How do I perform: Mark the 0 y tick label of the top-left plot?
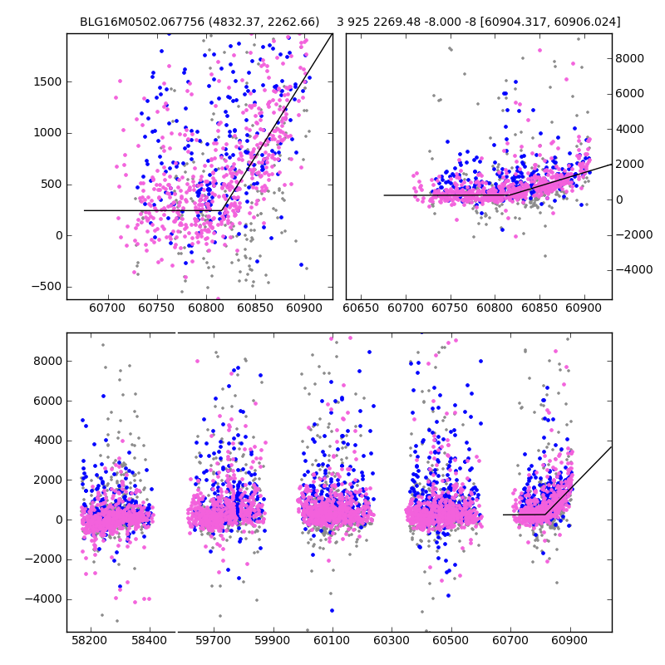point(58,235)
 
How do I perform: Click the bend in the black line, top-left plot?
point(222,210)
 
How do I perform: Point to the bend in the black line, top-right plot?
point(509,195)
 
